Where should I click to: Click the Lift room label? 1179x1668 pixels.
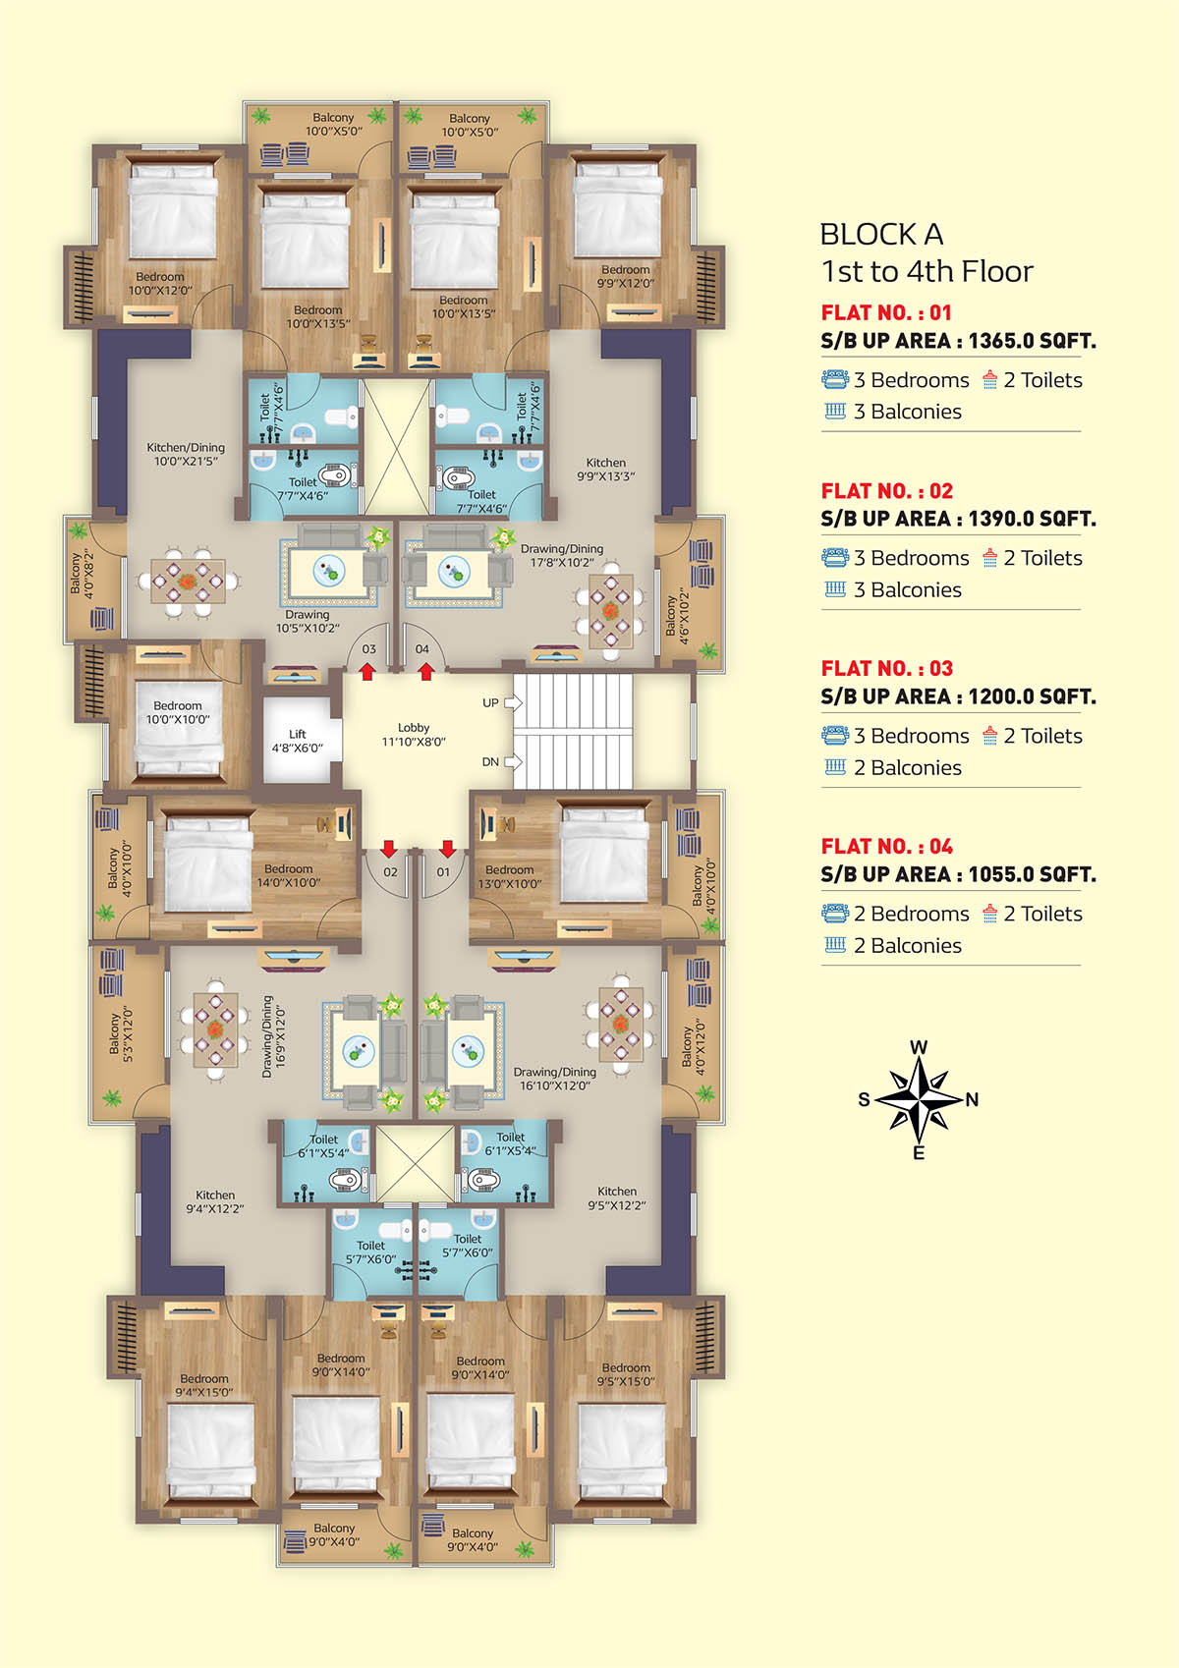coord(297,741)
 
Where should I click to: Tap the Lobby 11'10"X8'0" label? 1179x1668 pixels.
coord(414,734)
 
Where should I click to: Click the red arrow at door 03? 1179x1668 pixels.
coord(367,672)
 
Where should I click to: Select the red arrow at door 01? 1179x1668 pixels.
coord(448,848)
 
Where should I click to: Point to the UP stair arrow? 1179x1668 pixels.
coord(513,702)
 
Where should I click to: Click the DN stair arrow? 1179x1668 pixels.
coord(513,761)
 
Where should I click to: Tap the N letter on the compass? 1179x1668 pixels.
coord(972,1100)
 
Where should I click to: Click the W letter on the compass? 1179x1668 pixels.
coord(919,1047)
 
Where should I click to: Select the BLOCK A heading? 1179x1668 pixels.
coord(882,235)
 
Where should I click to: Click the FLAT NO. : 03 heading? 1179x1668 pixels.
coord(887,668)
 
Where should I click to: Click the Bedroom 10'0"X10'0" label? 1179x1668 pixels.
coord(177,712)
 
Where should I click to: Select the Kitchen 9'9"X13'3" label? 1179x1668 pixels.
coord(605,470)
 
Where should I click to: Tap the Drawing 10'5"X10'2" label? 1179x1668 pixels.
coord(307,621)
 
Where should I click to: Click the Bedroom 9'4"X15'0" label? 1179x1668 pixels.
coord(204,1385)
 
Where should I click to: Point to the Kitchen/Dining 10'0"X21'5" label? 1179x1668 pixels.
coord(186,454)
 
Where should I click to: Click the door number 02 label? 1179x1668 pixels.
coord(390,872)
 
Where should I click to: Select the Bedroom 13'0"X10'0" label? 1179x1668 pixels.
coord(510,876)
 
